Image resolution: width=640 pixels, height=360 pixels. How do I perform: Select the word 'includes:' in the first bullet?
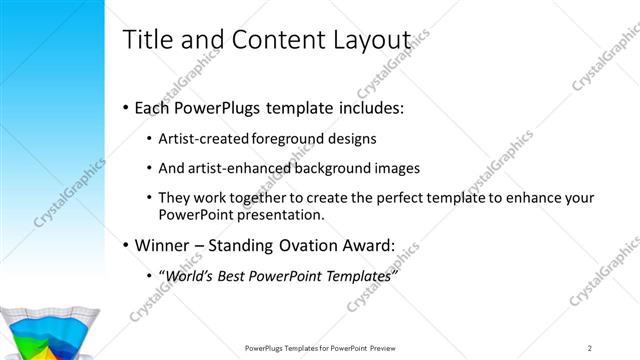pos(368,107)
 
